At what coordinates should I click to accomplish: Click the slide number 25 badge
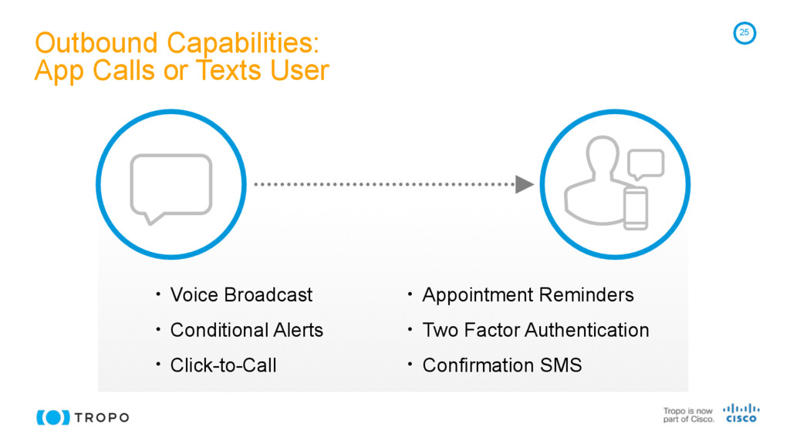(x=744, y=32)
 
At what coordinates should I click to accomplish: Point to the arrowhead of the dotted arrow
(x=525, y=184)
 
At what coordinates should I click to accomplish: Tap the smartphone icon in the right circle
(x=636, y=208)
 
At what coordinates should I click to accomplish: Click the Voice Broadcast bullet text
(x=241, y=295)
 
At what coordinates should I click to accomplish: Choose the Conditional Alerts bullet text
(x=246, y=330)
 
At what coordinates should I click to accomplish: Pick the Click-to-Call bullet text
(x=223, y=365)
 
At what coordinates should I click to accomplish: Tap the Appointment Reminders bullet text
(x=528, y=295)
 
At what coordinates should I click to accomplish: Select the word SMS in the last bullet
(x=561, y=365)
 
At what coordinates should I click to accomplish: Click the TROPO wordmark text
(x=102, y=418)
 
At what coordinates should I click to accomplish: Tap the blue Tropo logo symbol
(x=53, y=417)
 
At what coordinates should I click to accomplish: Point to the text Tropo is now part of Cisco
(x=688, y=415)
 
